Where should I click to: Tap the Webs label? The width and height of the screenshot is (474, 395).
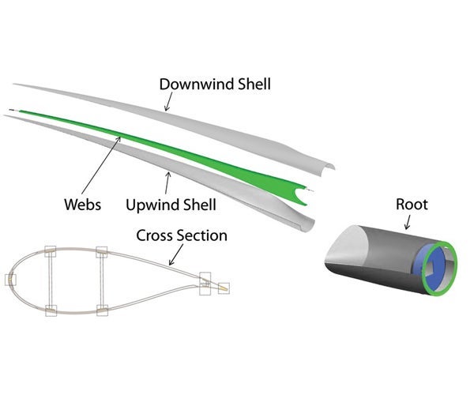coord(82,205)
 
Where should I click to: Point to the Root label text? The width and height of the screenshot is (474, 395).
coord(412,205)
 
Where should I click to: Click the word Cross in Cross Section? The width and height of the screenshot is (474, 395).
coord(154,235)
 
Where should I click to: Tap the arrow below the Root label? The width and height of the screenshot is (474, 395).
coord(405,222)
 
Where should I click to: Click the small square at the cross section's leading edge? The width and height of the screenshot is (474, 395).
coord(11,279)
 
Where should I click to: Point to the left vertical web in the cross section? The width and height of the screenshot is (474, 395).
coord(50,280)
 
